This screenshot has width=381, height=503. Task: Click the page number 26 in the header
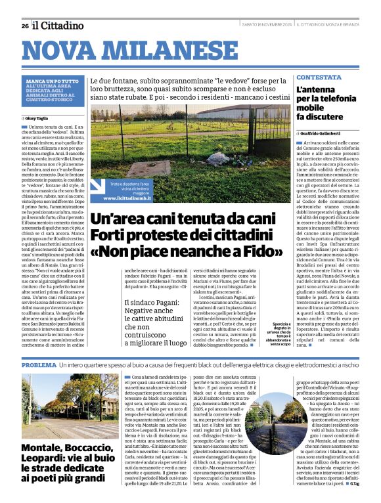coord(24,26)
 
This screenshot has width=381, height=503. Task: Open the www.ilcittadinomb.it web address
coord(132,198)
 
